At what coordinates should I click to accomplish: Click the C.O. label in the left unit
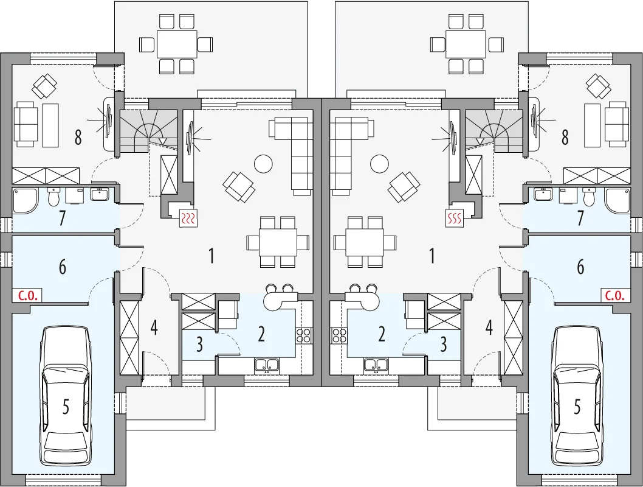point(27,295)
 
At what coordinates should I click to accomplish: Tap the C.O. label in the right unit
point(615,295)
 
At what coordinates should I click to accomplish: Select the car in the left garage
point(65,396)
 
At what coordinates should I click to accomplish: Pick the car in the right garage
point(577,396)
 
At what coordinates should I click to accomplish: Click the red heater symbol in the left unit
point(189,219)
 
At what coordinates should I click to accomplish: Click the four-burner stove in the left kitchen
point(304,335)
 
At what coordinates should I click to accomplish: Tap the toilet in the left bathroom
point(53,197)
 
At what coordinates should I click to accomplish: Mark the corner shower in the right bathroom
point(617,201)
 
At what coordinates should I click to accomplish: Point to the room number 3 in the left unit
point(199,345)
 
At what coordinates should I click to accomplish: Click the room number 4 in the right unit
point(489,328)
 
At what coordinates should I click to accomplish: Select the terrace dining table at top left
point(177,44)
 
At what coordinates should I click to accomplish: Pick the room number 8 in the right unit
point(565,137)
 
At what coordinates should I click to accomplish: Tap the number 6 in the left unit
point(63,267)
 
